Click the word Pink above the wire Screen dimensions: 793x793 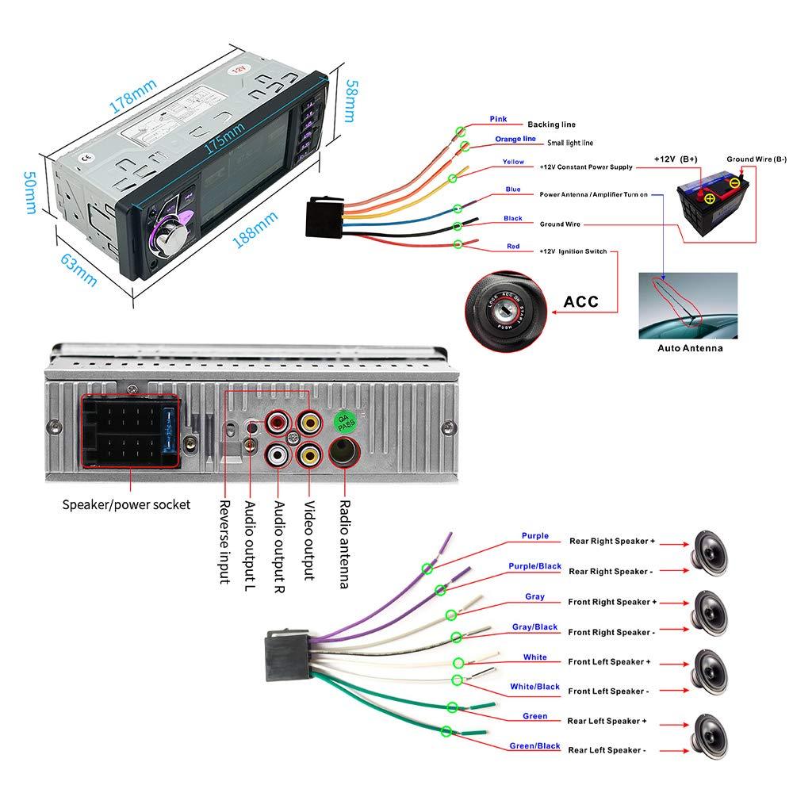[x=498, y=119]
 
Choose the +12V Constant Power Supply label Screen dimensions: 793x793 [x=586, y=167]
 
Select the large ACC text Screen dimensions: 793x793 [x=580, y=302]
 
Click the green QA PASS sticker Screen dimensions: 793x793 [x=347, y=421]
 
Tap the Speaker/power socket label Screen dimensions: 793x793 [x=126, y=504]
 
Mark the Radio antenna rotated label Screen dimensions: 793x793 [x=344, y=544]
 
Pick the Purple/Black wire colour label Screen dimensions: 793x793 [x=534, y=566]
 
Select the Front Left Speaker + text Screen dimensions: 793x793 [x=609, y=661]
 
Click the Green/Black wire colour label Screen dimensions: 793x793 [x=534, y=745]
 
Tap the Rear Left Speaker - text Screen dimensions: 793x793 [x=607, y=750]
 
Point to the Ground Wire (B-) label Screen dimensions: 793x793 [x=757, y=159]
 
